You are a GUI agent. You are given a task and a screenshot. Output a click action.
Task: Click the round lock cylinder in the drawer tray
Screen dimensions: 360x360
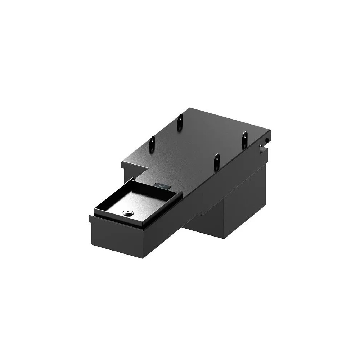point(127,213)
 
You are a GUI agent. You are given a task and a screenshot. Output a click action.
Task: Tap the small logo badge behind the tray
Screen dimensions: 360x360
point(162,186)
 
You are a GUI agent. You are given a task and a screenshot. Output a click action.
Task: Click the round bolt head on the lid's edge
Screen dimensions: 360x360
point(267,139)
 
